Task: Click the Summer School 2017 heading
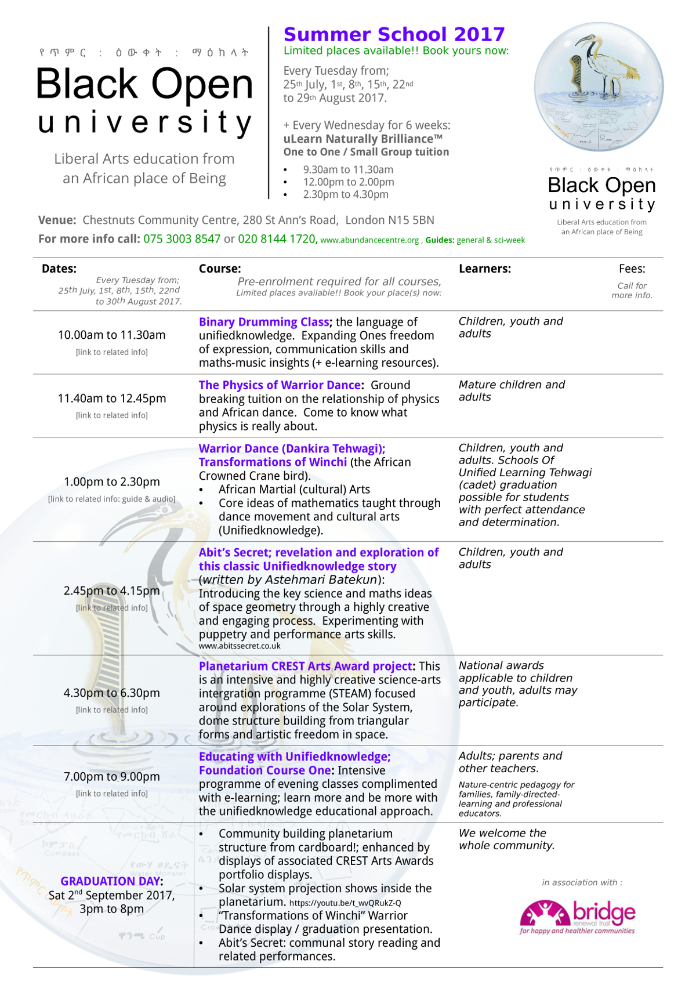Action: (x=394, y=34)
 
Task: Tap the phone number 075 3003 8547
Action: (x=182, y=239)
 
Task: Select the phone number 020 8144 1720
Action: (x=277, y=239)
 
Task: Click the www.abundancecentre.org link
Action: (x=369, y=240)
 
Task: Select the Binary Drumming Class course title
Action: (x=264, y=322)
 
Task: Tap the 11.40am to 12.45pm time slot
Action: (x=112, y=399)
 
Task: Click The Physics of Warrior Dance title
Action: (x=280, y=385)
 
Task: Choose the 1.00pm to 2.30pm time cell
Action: (x=112, y=482)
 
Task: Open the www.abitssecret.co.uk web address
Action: (x=240, y=646)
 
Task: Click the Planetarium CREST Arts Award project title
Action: (x=306, y=667)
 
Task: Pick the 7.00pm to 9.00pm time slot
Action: (x=112, y=777)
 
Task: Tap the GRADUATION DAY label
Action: (x=110, y=881)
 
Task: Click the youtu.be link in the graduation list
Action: (x=345, y=903)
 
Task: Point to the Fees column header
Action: (x=632, y=269)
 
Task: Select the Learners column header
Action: (x=485, y=269)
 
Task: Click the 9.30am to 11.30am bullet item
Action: (x=348, y=170)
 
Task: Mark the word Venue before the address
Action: (x=57, y=220)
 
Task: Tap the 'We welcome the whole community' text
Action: (x=506, y=839)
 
